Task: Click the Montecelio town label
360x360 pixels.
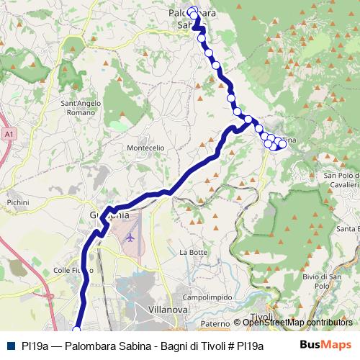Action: pyautogui.click(x=145, y=148)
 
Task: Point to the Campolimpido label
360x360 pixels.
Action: pyautogui.click(x=207, y=297)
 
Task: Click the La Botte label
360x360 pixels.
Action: pyautogui.click(x=193, y=252)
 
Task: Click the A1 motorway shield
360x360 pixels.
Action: pyautogui.click(x=8, y=134)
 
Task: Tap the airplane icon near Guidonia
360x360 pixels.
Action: pyautogui.click(x=130, y=236)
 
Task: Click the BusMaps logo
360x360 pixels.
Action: pyautogui.click(x=325, y=345)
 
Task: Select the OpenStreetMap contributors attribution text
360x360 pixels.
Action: pyautogui.click(x=297, y=323)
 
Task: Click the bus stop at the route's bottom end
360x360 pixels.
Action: pyautogui.click(x=77, y=330)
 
